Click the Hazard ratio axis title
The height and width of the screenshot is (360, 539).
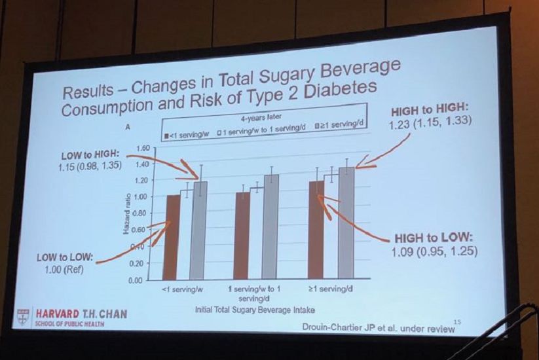tap(126, 215)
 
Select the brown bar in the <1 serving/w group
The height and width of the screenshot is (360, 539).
tap(173, 237)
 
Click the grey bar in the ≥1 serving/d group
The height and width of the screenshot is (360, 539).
tap(346, 222)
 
